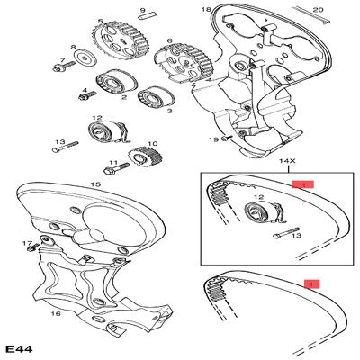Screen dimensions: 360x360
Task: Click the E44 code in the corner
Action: [x=20, y=348]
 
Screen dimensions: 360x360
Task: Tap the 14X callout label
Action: [x=288, y=161]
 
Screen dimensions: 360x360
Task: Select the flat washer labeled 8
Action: [x=85, y=58]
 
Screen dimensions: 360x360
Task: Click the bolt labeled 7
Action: [x=65, y=67]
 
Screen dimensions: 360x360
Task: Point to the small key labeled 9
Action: [x=147, y=15]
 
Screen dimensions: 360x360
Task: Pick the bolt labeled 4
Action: [x=87, y=95]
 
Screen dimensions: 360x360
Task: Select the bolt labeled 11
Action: [x=117, y=168]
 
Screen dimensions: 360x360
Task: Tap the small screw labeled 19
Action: [x=227, y=138]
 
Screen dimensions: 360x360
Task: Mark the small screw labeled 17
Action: [x=33, y=247]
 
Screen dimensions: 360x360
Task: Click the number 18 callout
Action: [x=206, y=10]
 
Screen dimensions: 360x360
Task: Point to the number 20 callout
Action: [x=319, y=10]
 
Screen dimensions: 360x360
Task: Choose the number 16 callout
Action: [x=56, y=314]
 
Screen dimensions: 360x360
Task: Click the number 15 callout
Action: [x=95, y=184]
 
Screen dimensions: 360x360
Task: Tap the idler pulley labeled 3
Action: [x=156, y=98]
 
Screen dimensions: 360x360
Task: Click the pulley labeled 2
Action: [x=116, y=82]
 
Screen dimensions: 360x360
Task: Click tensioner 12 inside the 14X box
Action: [x=263, y=212]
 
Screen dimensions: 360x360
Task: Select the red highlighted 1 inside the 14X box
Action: [x=302, y=184]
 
